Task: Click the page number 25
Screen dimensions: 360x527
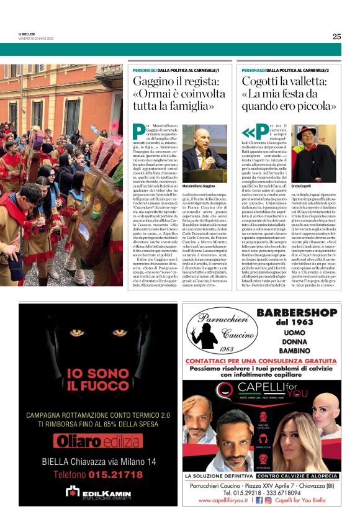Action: tap(336, 36)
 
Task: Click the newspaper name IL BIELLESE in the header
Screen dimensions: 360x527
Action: tap(28, 34)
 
